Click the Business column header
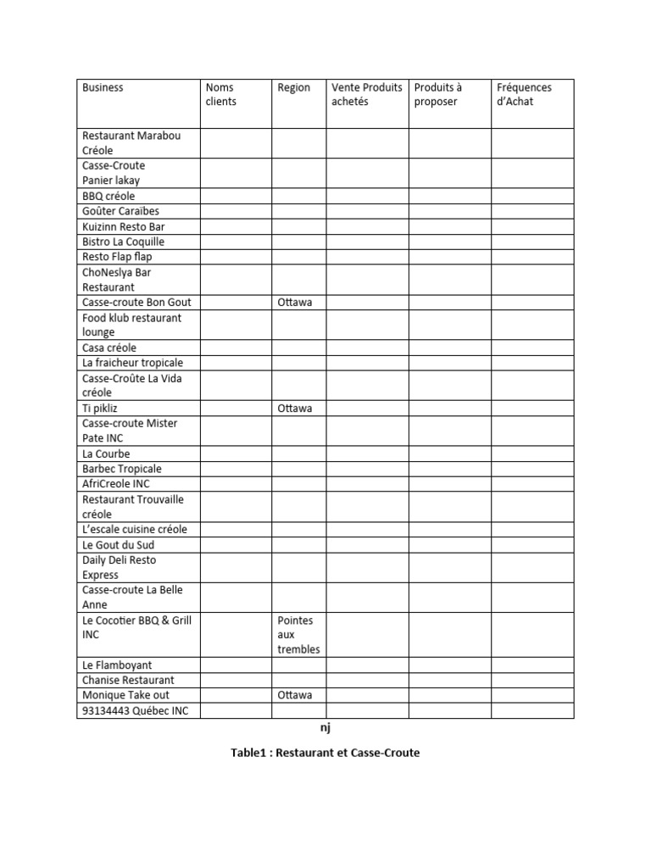(x=103, y=87)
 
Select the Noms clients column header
(x=221, y=94)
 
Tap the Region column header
(x=294, y=87)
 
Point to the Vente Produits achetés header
(x=366, y=94)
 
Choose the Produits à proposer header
(x=438, y=94)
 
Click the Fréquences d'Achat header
(x=524, y=94)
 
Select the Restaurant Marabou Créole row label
(x=131, y=142)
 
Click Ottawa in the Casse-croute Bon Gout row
(x=295, y=302)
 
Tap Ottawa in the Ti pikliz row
(x=295, y=408)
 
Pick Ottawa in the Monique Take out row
(x=295, y=694)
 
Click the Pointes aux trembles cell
(x=298, y=635)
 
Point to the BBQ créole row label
(x=108, y=196)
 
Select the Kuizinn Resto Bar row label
(x=124, y=226)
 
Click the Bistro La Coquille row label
(x=124, y=242)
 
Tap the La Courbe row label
(x=106, y=453)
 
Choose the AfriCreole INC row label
(x=116, y=483)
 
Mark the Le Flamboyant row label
(x=117, y=665)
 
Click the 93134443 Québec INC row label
(x=136, y=710)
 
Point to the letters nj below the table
(x=325, y=727)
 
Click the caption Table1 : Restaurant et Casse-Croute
(x=325, y=753)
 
